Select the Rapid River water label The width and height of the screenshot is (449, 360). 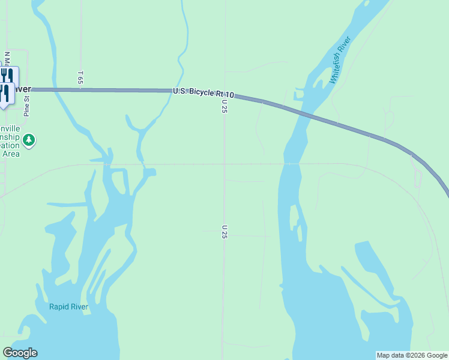pyautogui.click(x=68, y=307)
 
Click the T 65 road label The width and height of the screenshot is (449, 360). pyautogui.click(x=80, y=77)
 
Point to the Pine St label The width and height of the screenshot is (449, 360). pyautogui.click(x=26, y=106)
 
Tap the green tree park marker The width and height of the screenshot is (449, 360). pyautogui.click(x=29, y=140)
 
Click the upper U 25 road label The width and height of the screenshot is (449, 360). pyautogui.click(x=224, y=106)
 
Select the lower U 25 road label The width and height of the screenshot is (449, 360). pyautogui.click(x=224, y=232)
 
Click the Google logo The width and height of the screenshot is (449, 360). pyautogui.click(x=20, y=353)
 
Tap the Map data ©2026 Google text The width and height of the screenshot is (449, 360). pyautogui.click(x=411, y=355)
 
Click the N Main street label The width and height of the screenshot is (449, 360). pyautogui.click(x=7, y=60)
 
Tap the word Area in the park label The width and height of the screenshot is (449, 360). pyautogui.click(x=10, y=154)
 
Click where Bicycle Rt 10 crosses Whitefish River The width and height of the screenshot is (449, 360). pyautogui.click(x=304, y=113)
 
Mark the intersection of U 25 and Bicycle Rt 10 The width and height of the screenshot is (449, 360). pyautogui.click(x=225, y=92)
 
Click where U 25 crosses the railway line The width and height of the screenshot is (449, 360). pyautogui.click(x=224, y=163)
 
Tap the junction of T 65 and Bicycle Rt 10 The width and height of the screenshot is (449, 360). pyautogui.click(x=80, y=90)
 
